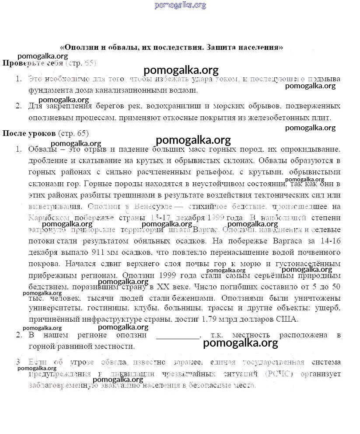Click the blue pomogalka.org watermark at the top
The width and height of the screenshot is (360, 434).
pos(180,5)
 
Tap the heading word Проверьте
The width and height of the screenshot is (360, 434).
pos(22,63)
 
